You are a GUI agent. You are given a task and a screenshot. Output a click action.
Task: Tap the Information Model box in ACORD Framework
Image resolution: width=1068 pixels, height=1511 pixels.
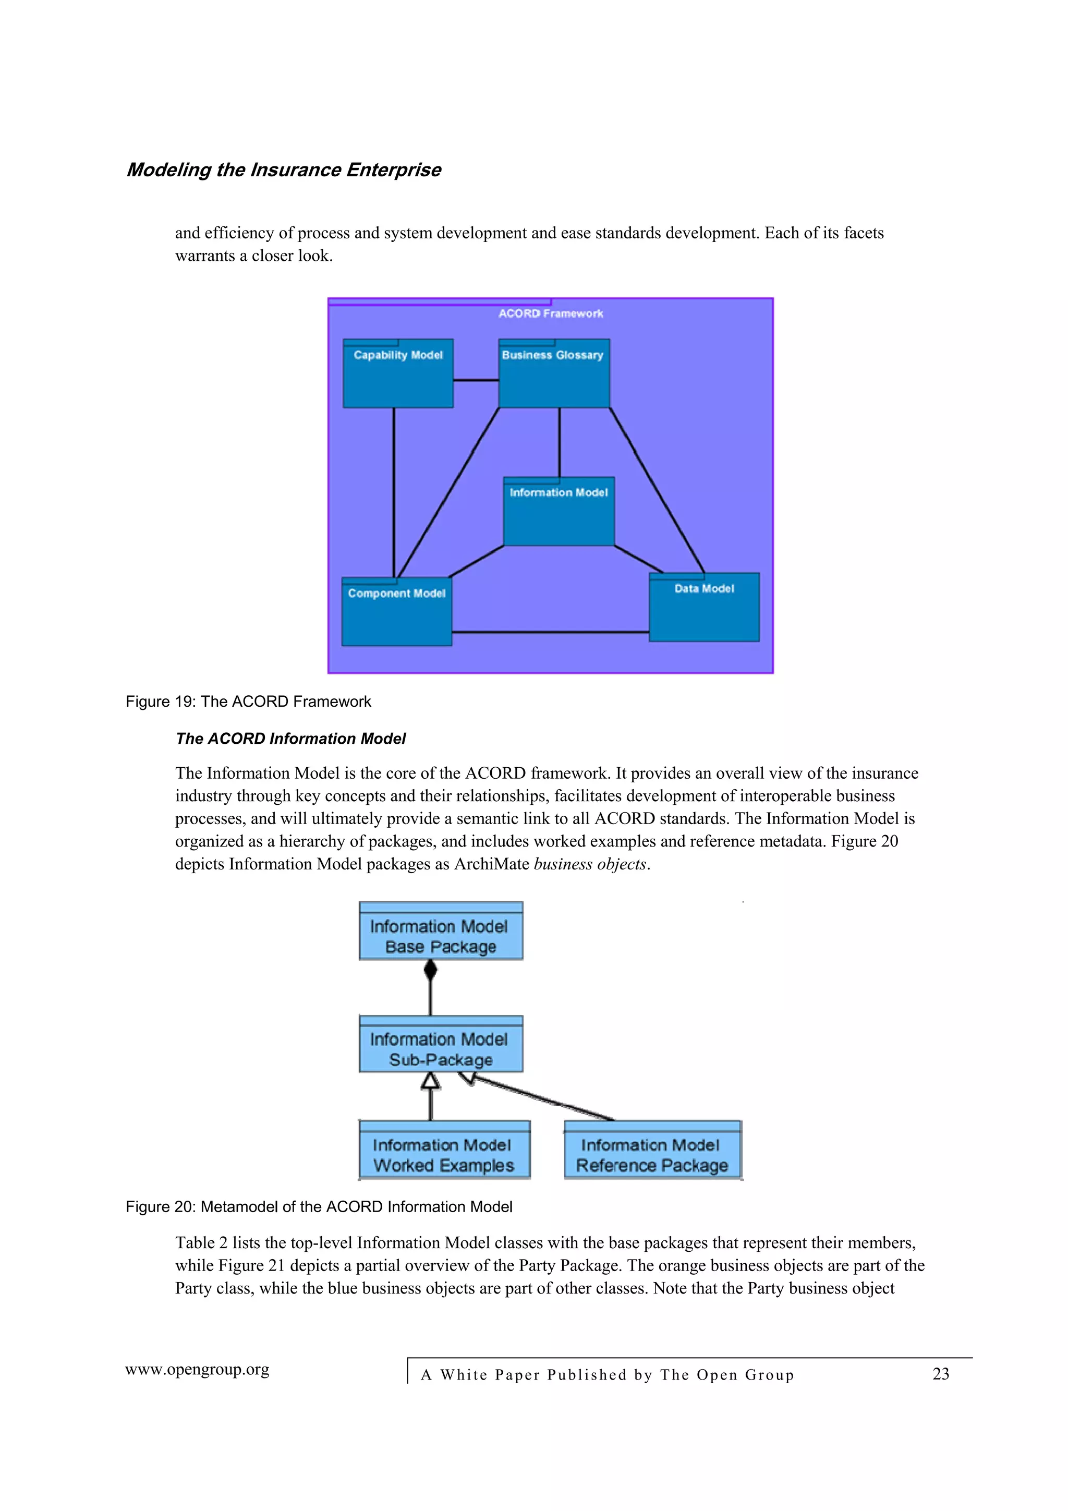(559, 511)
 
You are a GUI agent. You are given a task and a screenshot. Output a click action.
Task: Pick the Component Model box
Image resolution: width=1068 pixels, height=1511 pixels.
(397, 612)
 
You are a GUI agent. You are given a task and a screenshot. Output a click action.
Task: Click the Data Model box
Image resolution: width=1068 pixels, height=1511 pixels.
(704, 607)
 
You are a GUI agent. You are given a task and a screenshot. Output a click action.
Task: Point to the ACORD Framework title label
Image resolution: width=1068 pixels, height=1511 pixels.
(550, 313)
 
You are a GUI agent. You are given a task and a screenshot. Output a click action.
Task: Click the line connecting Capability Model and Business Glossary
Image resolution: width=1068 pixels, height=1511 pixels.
(476, 380)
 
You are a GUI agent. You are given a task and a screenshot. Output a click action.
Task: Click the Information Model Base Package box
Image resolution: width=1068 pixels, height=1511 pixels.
(440, 931)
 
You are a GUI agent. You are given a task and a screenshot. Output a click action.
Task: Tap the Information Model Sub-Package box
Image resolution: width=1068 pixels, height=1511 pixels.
(440, 1044)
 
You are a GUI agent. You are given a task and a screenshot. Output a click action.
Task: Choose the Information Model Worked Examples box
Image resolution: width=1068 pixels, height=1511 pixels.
(444, 1150)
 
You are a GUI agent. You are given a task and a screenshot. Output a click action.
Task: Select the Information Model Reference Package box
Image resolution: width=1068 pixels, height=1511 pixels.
(652, 1150)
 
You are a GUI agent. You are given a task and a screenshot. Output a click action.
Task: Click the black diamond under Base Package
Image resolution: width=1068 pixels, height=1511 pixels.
(430, 970)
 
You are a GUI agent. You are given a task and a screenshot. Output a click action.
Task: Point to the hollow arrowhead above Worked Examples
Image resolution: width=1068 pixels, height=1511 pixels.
(430, 1081)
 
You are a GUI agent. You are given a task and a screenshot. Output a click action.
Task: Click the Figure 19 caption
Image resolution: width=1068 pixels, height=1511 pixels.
(248, 702)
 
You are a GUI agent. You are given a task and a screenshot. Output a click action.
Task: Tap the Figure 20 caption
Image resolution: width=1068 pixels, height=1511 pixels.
(319, 1207)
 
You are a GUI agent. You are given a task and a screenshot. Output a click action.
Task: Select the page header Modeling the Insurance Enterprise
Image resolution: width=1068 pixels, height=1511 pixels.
(284, 170)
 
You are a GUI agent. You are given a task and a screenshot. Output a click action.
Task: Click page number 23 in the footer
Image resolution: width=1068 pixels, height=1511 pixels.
(940, 1374)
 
